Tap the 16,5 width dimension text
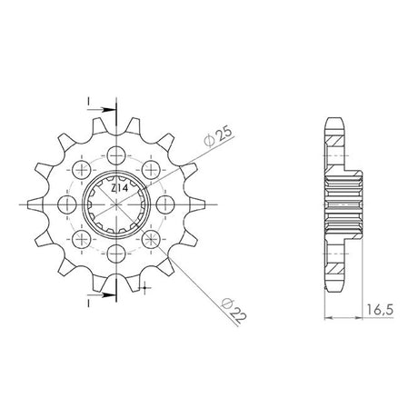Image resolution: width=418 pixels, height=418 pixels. point(380,311)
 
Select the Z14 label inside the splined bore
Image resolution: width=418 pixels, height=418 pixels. point(119,188)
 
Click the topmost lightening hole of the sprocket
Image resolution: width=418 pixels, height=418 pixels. point(116,155)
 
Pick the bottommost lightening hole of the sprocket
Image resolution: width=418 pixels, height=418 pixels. point(116,253)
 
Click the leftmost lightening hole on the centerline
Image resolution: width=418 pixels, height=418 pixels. point(66,204)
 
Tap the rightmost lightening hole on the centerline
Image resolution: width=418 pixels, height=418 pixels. point(165,204)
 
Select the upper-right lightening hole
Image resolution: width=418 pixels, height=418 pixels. point(151,169)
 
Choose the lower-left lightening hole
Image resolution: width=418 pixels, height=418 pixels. point(82,239)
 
